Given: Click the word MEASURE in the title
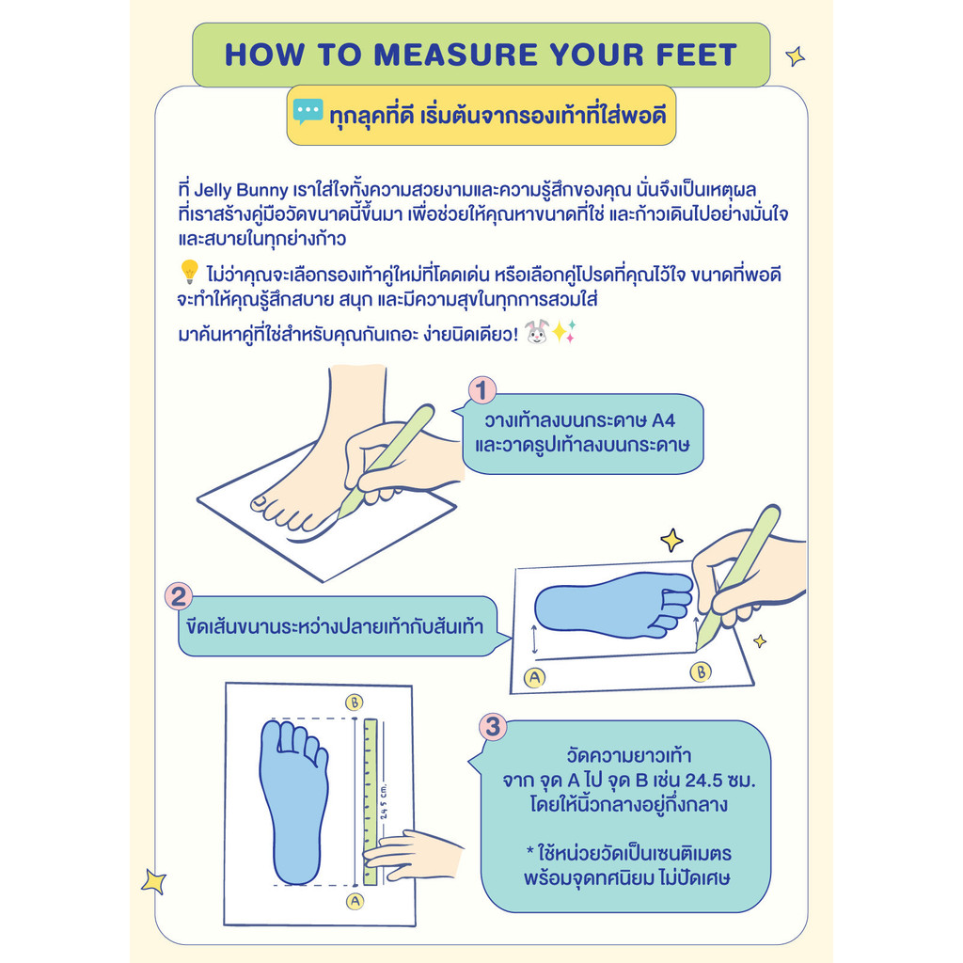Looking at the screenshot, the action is click(456, 55).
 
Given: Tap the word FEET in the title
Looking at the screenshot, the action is click(697, 55).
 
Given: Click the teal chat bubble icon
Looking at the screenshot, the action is click(308, 112).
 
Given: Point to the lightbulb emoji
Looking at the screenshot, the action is click(189, 272).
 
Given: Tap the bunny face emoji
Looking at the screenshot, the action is click(536, 332).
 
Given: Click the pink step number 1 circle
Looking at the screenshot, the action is click(482, 390).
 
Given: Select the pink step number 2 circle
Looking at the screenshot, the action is click(179, 596).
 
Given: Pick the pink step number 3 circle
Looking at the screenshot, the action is click(493, 727).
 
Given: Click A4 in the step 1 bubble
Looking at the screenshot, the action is click(663, 420).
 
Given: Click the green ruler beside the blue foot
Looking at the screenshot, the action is click(371, 801).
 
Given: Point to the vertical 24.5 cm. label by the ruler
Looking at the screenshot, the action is click(384, 801).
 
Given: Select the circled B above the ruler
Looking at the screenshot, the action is click(354, 702).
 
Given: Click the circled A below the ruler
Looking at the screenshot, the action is click(355, 901).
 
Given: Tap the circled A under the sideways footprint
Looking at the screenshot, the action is click(534, 677).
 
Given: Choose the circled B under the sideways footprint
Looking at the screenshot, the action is click(700, 671).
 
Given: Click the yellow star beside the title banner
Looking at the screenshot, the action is click(796, 56).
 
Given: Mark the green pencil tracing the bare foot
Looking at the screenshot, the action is click(386, 461).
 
